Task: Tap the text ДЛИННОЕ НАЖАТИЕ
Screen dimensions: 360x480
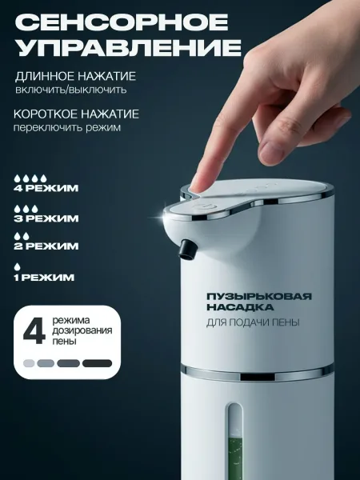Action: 75,76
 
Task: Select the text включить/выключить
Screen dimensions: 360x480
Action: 70,90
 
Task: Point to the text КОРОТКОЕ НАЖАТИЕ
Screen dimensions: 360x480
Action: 76,114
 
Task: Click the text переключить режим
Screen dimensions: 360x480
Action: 66,127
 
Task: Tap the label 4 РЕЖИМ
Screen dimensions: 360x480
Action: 46,188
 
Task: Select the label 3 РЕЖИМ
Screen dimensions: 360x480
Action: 46,218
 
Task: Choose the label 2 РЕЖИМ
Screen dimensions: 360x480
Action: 46,246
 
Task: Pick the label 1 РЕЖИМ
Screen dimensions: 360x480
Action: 44,278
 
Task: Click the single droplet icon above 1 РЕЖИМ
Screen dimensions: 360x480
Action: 17,266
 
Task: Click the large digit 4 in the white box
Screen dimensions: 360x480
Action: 34,333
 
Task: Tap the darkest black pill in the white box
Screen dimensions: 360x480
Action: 97,363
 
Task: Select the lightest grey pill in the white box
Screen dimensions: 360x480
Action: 29,363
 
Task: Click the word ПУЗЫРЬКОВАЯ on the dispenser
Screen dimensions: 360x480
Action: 259,296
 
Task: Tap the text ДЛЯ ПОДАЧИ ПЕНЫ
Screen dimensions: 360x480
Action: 253,322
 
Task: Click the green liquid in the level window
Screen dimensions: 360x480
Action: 234,454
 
